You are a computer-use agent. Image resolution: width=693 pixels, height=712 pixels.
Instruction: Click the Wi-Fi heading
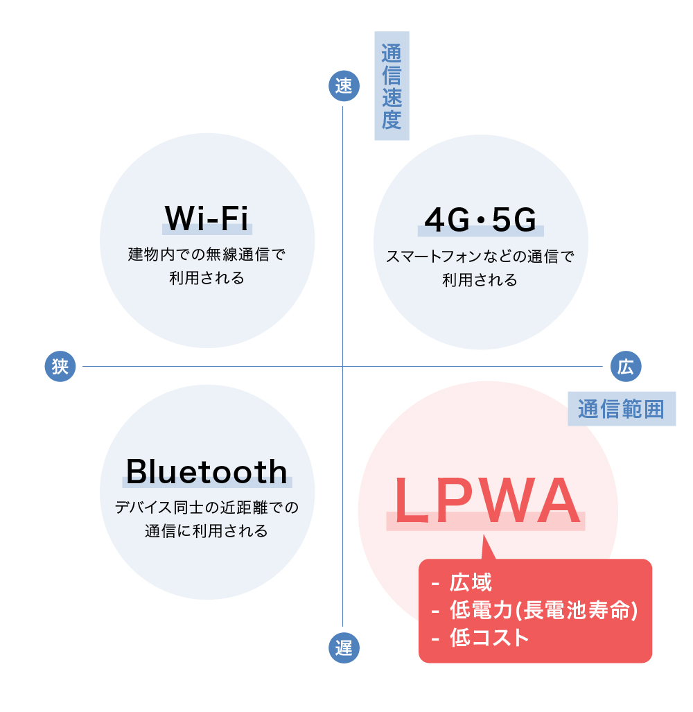[x=207, y=219]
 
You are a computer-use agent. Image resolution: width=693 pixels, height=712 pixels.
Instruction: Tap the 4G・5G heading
[x=480, y=220]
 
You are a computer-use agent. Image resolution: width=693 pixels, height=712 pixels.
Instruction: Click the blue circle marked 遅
[x=344, y=648]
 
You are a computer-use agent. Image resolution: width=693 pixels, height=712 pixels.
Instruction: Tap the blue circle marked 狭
[x=60, y=366]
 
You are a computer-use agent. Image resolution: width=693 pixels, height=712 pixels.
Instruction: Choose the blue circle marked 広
[x=626, y=366]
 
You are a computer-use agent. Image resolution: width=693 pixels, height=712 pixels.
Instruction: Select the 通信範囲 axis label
[x=622, y=409]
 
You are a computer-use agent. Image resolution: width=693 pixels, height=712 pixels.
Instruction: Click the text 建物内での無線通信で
[x=207, y=254]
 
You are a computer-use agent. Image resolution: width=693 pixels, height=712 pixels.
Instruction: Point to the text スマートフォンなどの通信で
[x=480, y=257]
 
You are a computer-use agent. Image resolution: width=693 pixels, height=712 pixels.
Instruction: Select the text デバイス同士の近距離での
[x=207, y=507]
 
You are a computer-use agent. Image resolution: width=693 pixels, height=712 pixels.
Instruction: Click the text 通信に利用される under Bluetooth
[x=207, y=532]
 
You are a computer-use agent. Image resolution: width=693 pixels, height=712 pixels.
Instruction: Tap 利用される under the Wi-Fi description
[x=207, y=279]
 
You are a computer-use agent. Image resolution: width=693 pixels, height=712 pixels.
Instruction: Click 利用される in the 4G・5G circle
[x=480, y=281]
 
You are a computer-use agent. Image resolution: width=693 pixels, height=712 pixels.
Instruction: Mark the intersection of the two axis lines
[x=344, y=366]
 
